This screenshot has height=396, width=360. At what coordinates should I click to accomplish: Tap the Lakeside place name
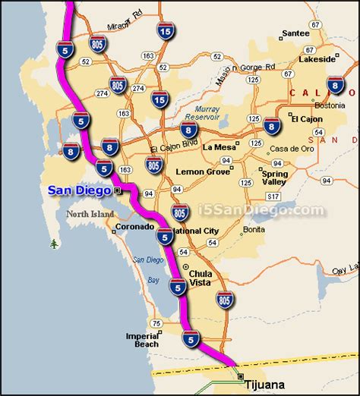coord(317,58)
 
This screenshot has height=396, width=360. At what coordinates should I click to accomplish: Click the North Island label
coord(90,215)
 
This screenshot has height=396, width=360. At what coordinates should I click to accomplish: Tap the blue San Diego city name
coord(78,190)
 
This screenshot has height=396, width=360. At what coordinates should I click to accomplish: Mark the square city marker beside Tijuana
coord(241,376)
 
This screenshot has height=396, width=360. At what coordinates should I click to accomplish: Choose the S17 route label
coord(288,74)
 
